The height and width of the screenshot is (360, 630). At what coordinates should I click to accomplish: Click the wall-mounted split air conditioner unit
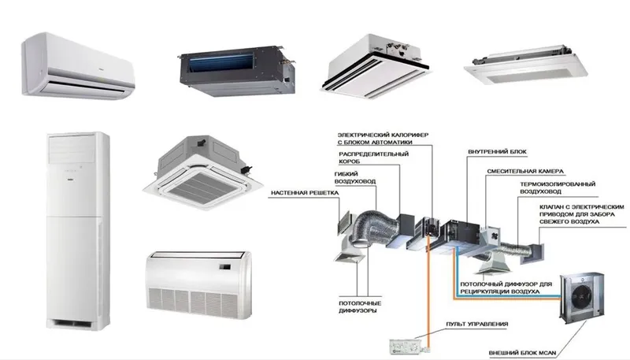pos(78,66)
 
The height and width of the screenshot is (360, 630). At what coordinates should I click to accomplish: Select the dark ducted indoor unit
pos(237,72)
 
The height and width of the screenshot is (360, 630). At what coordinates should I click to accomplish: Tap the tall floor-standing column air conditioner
pos(78,231)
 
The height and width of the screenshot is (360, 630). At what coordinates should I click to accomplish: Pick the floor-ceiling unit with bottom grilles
pos(199,285)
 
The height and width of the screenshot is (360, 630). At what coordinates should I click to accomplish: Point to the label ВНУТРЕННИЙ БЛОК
pos(497,152)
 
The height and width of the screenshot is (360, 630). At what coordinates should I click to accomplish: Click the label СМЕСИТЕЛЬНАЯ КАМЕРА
pos(525,171)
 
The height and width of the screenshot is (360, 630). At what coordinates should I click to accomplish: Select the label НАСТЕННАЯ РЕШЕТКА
pos(305,193)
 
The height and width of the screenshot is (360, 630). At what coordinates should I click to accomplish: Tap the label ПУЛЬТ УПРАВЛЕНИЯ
pos(477,324)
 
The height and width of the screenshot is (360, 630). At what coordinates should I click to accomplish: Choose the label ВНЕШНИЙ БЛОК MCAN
pos(523,353)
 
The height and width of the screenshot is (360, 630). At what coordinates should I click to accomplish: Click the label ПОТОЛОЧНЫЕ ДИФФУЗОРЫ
pos(360,307)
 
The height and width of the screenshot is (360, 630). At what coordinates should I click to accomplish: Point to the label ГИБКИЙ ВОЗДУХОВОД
pos(355,177)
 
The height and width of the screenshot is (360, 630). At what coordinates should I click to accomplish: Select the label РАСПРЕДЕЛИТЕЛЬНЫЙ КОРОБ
pos(373,158)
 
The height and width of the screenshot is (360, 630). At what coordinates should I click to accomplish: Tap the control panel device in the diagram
pos(406,347)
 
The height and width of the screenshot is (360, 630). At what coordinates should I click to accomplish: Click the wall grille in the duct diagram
pos(344,224)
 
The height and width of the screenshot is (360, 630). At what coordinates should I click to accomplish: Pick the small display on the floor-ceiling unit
pos(225,265)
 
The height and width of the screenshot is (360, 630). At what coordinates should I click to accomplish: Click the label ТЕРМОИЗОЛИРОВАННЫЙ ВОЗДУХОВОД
pos(558,187)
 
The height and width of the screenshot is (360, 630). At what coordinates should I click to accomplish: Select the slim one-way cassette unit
pos(525,65)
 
